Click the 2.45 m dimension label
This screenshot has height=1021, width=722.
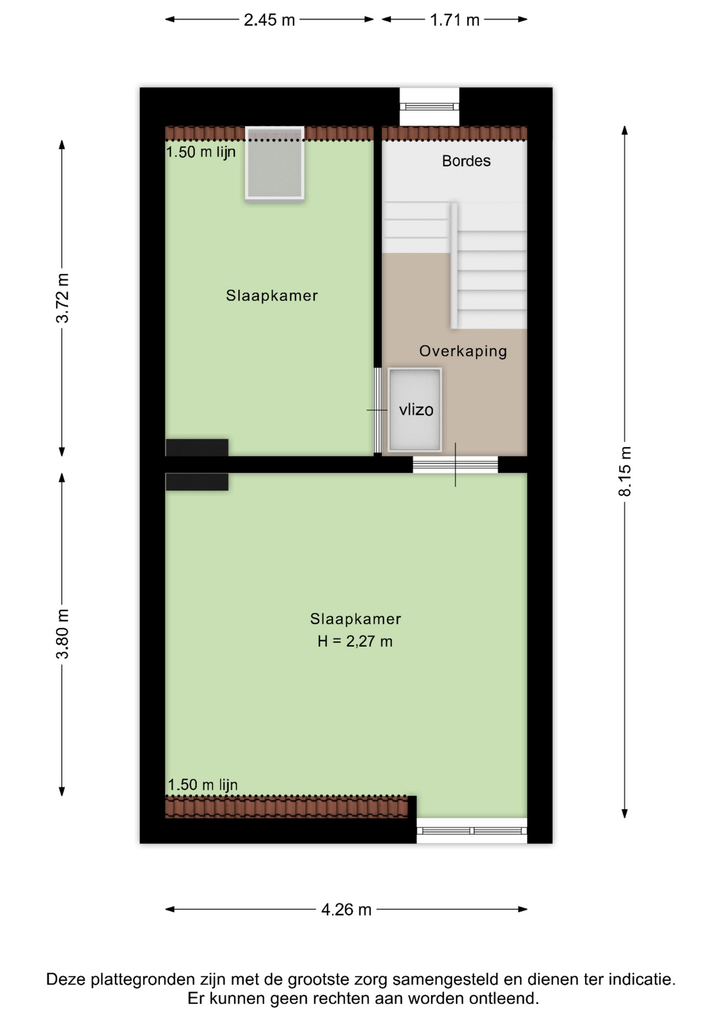click(269, 20)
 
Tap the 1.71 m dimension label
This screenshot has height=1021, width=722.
click(455, 20)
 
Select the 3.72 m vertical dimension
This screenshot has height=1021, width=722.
click(62, 298)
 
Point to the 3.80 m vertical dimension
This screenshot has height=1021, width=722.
click(62, 634)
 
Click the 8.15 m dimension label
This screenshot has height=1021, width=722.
click(625, 472)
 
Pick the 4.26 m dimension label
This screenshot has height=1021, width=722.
click(346, 909)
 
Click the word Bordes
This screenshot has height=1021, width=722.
click(466, 161)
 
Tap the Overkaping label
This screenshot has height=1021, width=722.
click(463, 351)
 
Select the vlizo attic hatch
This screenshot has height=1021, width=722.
click(415, 409)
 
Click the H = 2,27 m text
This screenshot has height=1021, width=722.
click(355, 641)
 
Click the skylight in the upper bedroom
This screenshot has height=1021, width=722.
click(274, 163)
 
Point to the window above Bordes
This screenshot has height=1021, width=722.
click(430, 106)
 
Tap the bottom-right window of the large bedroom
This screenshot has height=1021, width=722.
click(472, 831)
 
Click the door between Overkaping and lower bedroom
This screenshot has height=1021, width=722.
click(456, 465)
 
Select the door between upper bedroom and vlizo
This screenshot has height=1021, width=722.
click(377, 410)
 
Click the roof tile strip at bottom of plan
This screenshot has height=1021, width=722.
click(287, 807)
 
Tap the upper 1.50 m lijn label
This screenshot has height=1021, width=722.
click(201, 152)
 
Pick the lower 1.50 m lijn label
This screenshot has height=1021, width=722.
click(203, 784)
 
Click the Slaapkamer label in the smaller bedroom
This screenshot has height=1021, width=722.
click(272, 296)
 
